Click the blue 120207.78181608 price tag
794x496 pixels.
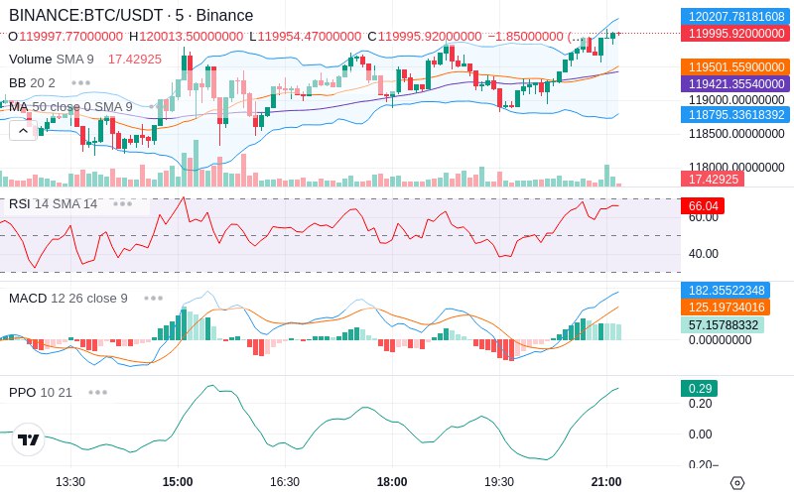click(734, 16)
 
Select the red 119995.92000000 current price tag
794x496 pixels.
click(734, 34)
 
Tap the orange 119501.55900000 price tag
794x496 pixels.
click(734, 66)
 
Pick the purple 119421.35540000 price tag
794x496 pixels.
click(734, 83)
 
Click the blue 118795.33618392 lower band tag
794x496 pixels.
click(734, 114)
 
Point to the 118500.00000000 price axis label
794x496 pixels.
click(736, 134)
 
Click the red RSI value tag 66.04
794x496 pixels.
click(703, 206)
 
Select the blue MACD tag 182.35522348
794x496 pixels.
click(726, 291)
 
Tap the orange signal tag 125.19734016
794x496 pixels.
click(726, 308)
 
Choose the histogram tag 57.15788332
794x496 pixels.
click(723, 325)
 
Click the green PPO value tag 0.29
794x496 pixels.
click(700, 389)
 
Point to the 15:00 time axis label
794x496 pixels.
click(178, 482)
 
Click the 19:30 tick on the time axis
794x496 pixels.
click(499, 482)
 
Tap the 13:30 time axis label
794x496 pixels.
click(69, 482)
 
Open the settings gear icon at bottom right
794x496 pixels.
click(737, 483)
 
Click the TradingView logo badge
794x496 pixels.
click(29, 439)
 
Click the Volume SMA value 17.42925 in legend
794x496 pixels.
click(135, 60)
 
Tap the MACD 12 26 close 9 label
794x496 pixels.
click(68, 299)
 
